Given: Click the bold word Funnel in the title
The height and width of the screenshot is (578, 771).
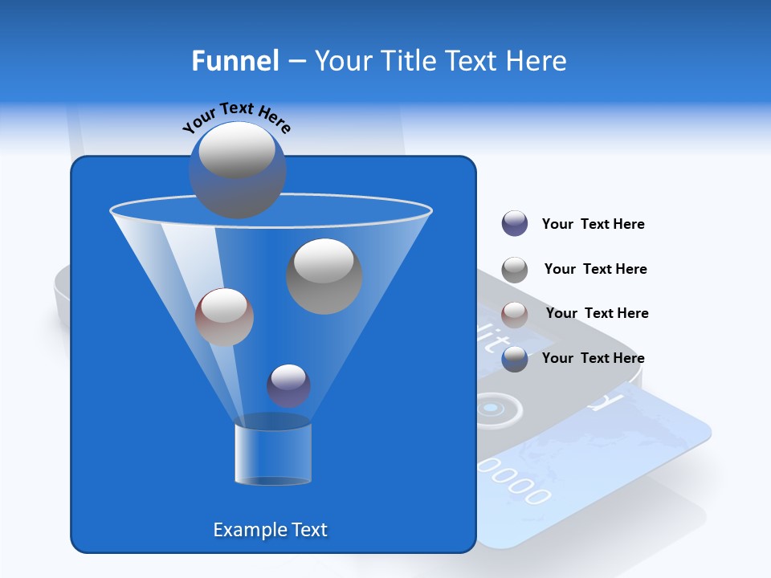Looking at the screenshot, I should click(x=235, y=61).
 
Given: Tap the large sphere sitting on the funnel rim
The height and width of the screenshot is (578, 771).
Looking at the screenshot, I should click(x=237, y=169).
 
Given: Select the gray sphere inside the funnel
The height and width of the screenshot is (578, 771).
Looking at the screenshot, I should click(x=324, y=275).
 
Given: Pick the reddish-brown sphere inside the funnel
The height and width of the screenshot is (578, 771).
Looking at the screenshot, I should click(x=224, y=316).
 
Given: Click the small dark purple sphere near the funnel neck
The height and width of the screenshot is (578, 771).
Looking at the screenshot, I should click(x=288, y=385).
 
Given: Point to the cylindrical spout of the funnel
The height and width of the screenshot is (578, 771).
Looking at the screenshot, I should click(x=273, y=454).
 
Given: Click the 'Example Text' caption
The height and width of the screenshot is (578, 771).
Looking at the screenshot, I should click(x=270, y=530).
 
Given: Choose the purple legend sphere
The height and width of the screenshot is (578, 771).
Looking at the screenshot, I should click(x=515, y=224).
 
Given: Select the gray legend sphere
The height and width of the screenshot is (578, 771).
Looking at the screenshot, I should click(x=515, y=270).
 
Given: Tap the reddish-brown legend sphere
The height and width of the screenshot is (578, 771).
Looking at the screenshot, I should click(x=515, y=315).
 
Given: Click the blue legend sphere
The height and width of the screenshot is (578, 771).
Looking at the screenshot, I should click(x=515, y=359).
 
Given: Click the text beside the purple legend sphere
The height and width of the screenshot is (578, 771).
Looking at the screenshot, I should click(x=593, y=224).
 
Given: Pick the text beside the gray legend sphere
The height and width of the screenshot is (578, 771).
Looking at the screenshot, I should click(x=595, y=269).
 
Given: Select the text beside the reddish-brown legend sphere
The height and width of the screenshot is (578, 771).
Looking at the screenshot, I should click(x=597, y=313).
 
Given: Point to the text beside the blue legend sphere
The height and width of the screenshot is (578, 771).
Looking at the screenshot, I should click(x=593, y=358).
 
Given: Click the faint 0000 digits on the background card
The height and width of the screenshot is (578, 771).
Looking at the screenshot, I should click(x=514, y=479).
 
